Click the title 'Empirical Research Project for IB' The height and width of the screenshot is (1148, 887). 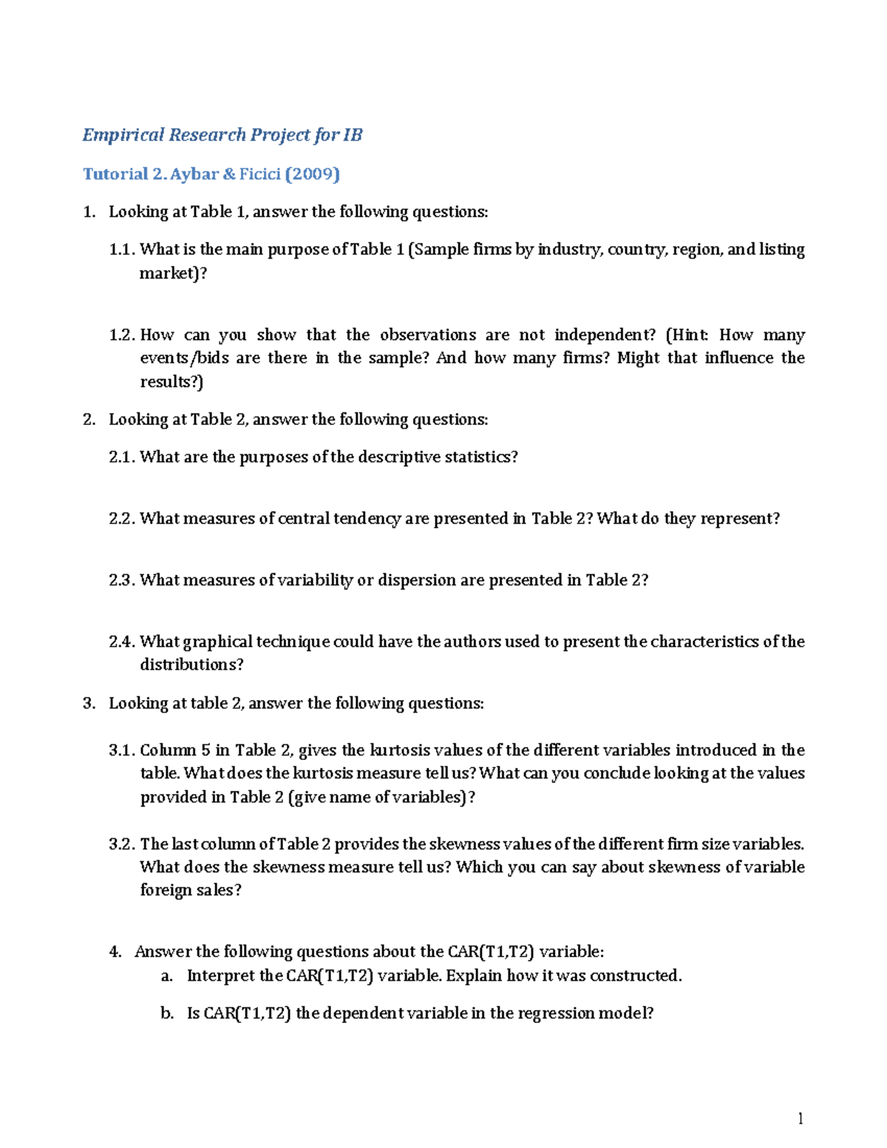click(x=222, y=135)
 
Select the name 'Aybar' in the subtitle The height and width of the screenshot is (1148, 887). click(x=194, y=174)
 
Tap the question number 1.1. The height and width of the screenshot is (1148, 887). click(x=122, y=250)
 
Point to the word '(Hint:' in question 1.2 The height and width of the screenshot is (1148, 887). click(x=687, y=335)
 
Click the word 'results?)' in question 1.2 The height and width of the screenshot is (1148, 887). click(x=171, y=382)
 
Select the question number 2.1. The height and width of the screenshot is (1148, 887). click(x=122, y=458)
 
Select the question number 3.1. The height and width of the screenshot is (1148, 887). click(x=122, y=750)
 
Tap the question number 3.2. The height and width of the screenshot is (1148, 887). click(x=122, y=844)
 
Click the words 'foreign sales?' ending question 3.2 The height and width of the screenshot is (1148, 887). click(x=191, y=891)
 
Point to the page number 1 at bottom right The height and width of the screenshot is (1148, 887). click(x=801, y=1118)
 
